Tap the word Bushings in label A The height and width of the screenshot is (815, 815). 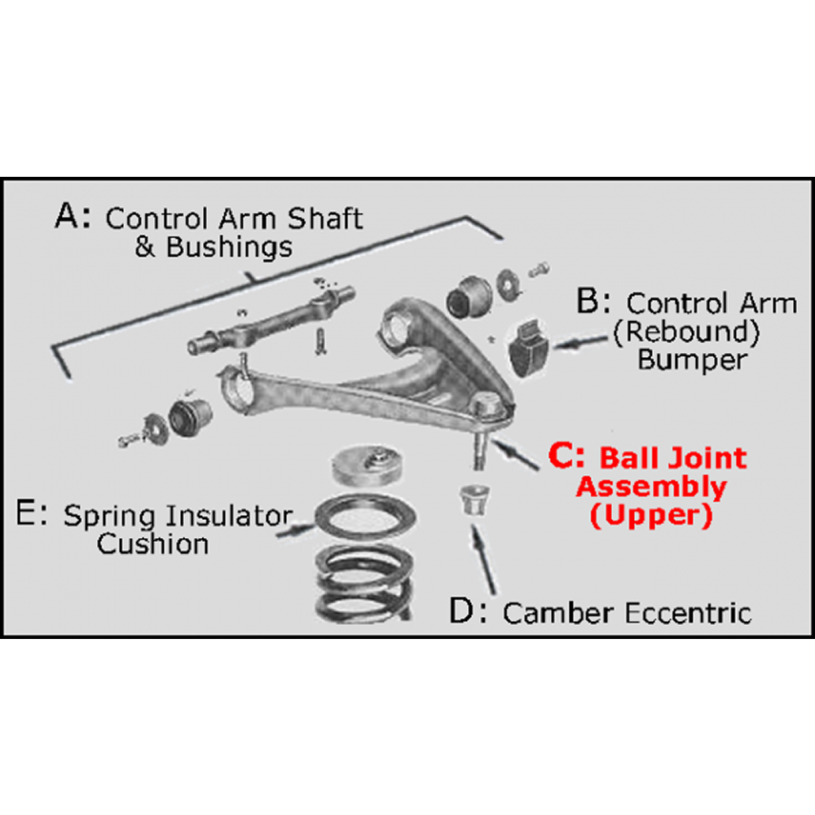click(x=228, y=247)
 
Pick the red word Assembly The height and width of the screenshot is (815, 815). click(x=651, y=487)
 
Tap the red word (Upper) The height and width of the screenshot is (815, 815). click(x=650, y=515)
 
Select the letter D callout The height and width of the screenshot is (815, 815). click(x=464, y=611)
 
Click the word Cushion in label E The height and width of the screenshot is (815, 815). click(x=152, y=544)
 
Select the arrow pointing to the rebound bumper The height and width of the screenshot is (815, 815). click(x=578, y=346)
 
